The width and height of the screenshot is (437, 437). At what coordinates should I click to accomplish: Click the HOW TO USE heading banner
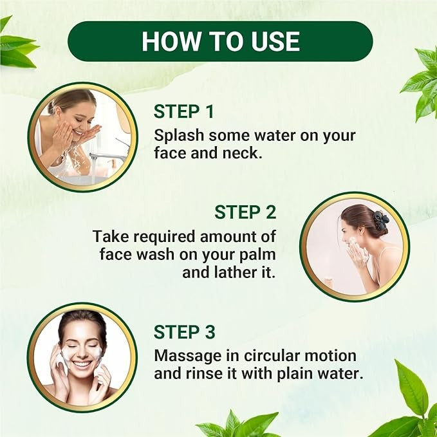pyautogui.click(x=220, y=41)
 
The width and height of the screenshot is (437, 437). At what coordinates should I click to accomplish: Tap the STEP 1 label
pyautogui.click(x=183, y=112)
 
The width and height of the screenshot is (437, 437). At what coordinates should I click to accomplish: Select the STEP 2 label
pyautogui.click(x=245, y=212)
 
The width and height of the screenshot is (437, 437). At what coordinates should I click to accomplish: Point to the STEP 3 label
pyautogui.click(x=185, y=332)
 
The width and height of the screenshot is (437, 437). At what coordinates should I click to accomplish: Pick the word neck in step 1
pyautogui.click(x=248, y=153)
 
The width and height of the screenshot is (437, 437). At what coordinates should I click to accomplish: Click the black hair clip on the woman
pyautogui.click(x=380, y=219)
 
